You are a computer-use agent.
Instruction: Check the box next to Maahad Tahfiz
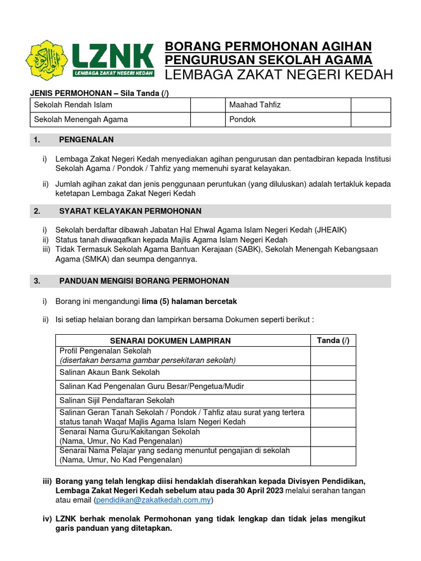371,105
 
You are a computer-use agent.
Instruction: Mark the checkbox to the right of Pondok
371,119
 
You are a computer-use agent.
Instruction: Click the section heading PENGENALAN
86,140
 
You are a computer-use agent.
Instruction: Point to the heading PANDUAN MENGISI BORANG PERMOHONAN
144,281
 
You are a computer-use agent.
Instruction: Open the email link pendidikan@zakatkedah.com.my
154,500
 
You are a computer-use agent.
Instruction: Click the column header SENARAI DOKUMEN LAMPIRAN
170,341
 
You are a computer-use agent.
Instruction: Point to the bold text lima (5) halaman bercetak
189,302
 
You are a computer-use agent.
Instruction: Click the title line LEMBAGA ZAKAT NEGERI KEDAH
278,75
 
